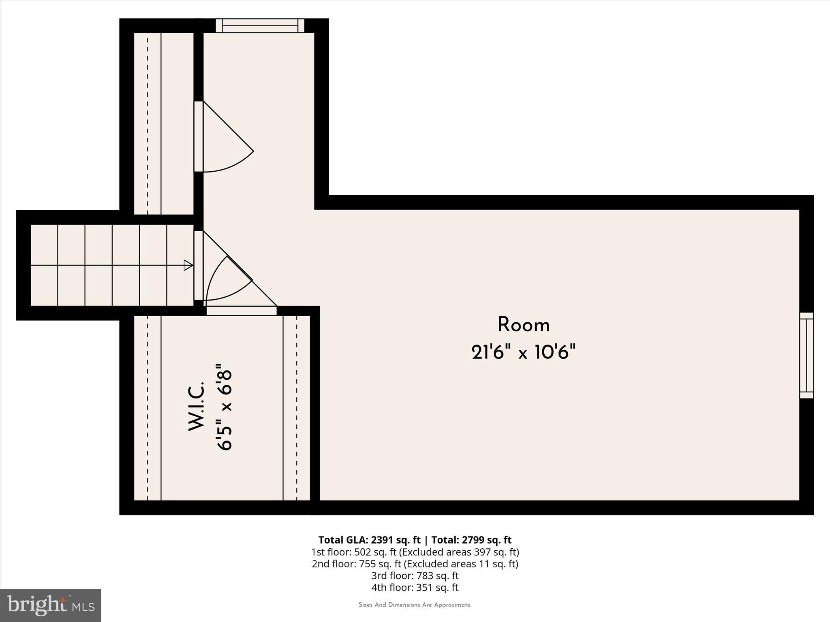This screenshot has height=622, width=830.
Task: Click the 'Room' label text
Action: point(523,325)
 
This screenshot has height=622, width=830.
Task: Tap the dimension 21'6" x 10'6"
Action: point(523,351)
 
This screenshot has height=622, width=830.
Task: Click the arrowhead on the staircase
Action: point(188,265)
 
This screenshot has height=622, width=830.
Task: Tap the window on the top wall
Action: point(260,26)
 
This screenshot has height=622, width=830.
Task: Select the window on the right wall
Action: point(806,355)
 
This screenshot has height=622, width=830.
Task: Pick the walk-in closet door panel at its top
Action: point(242,311)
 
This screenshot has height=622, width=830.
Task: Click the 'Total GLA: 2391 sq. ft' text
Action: point(369,540)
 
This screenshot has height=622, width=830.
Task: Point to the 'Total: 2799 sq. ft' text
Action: point(471,540)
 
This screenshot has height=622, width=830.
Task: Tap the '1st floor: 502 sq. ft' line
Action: point(354,552)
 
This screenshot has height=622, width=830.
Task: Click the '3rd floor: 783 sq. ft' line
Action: point(415,575)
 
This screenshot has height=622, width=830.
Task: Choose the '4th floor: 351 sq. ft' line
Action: point(415,587)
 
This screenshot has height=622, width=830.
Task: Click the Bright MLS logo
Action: point(51,605)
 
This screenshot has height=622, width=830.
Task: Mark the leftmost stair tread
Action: point(44,265)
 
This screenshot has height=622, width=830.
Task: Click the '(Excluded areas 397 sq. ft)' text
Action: point(459,552)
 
